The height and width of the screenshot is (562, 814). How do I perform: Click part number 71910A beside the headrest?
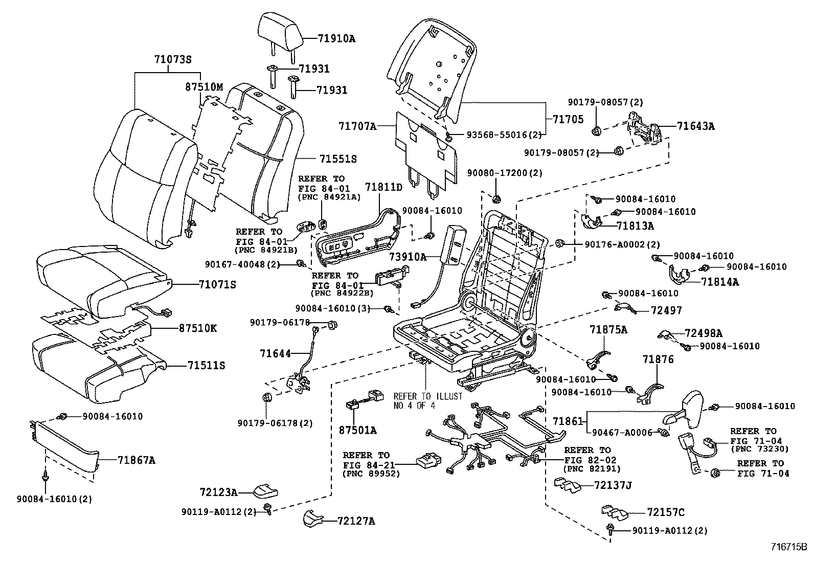pos(336,38)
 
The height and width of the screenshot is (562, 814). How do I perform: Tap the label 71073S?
pos(172,59)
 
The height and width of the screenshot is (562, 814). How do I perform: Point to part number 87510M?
pos(204,87)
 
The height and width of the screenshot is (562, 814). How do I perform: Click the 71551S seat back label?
pos(338,159)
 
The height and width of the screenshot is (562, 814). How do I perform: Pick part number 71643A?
pos(695,125)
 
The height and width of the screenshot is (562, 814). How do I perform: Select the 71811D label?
pos(384,187)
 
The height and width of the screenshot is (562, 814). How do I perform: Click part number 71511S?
pos(206,366)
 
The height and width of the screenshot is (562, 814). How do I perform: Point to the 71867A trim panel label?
pos(136,460)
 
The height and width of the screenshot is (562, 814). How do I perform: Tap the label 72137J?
pos(613,485)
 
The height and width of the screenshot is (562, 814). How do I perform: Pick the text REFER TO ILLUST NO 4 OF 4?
pos(427,401)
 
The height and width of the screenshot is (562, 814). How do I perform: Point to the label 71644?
pos(275,353)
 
